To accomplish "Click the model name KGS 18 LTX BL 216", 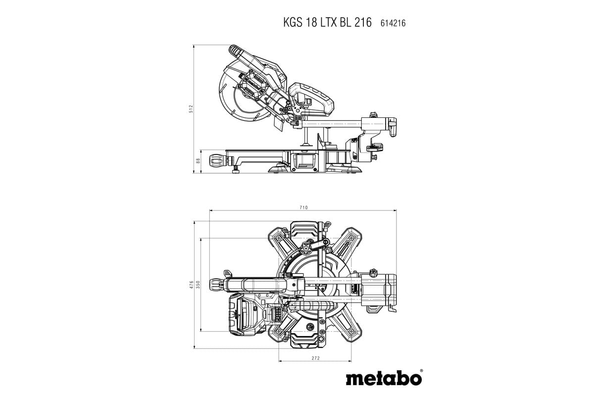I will pos(327,23).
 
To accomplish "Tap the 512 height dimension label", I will pos(191,109).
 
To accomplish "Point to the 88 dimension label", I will pos(198,161).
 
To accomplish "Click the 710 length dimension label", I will pos(303,207).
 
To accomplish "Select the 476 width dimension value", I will pos(191,285).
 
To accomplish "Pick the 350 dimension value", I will pos(198,285).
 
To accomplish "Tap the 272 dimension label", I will pos(315,357).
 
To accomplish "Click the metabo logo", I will pos(383,379).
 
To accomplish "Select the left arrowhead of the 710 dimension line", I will pos(211,211).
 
